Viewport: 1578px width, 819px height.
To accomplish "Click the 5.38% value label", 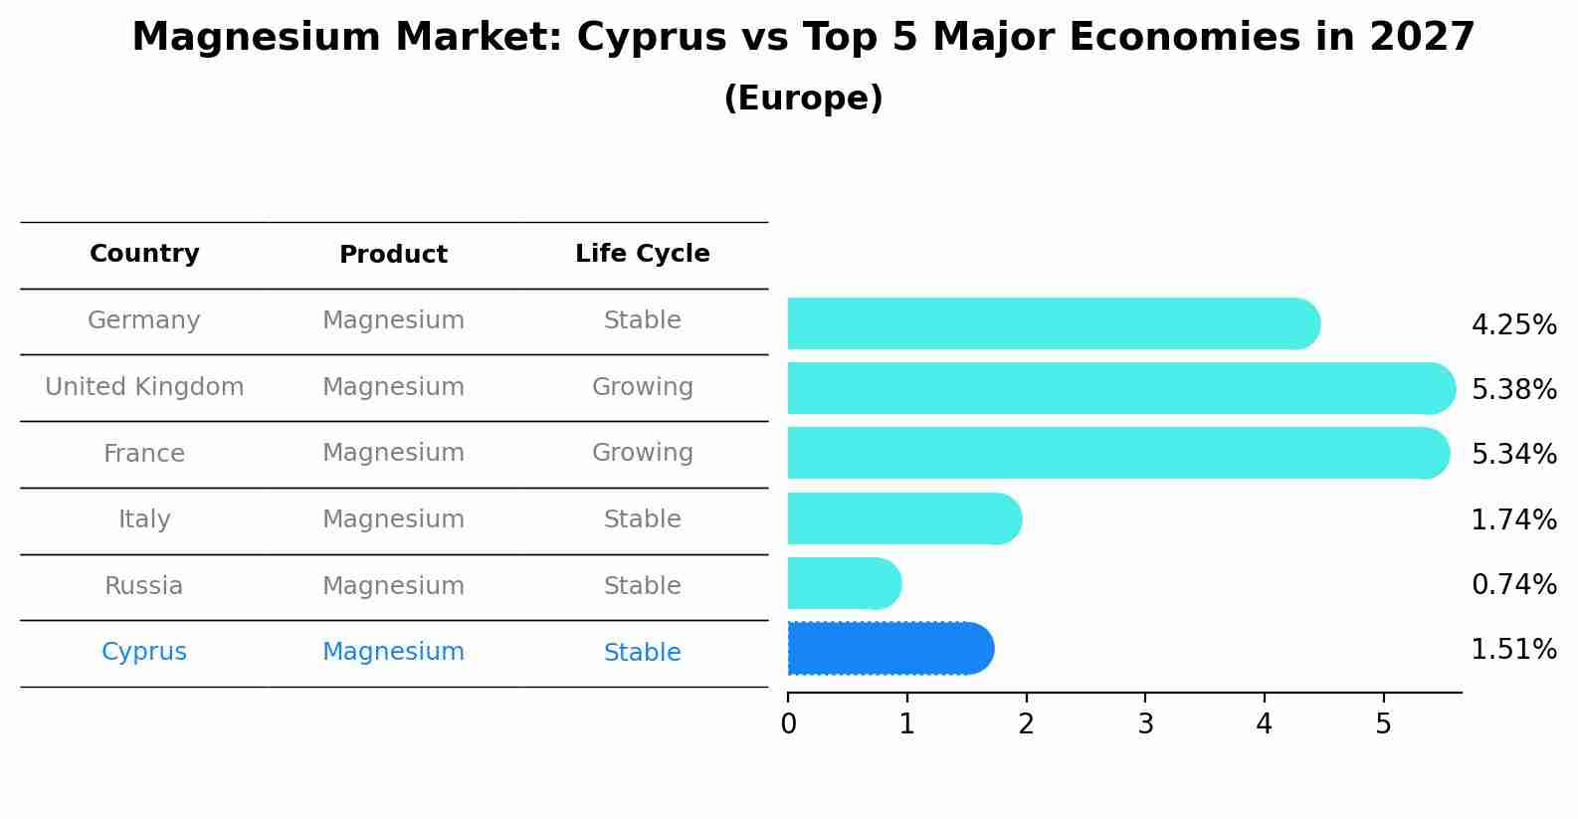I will coord(1513,390).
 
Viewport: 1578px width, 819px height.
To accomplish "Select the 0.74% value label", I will coord(1513,585).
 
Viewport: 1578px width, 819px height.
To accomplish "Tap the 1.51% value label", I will coord(1513,650).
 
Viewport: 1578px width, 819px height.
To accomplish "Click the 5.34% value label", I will coord(1513,455).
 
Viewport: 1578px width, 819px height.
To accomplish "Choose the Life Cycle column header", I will coord(642,254).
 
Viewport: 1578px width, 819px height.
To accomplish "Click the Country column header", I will coord(144,254).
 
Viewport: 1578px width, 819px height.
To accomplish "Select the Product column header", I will coord(393,255).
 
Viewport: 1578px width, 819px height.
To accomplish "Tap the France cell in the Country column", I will coord(144,454).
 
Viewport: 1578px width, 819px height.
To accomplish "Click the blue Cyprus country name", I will coord(144,652).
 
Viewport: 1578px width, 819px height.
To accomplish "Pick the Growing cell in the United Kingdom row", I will coord(642,387).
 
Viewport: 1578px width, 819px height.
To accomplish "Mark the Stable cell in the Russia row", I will coord(642,586).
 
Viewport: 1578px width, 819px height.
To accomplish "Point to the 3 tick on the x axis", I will coord(1145,724).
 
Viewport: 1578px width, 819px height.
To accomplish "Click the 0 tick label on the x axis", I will coord(788,724).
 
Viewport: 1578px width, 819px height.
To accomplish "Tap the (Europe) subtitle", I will coord(803,99).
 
